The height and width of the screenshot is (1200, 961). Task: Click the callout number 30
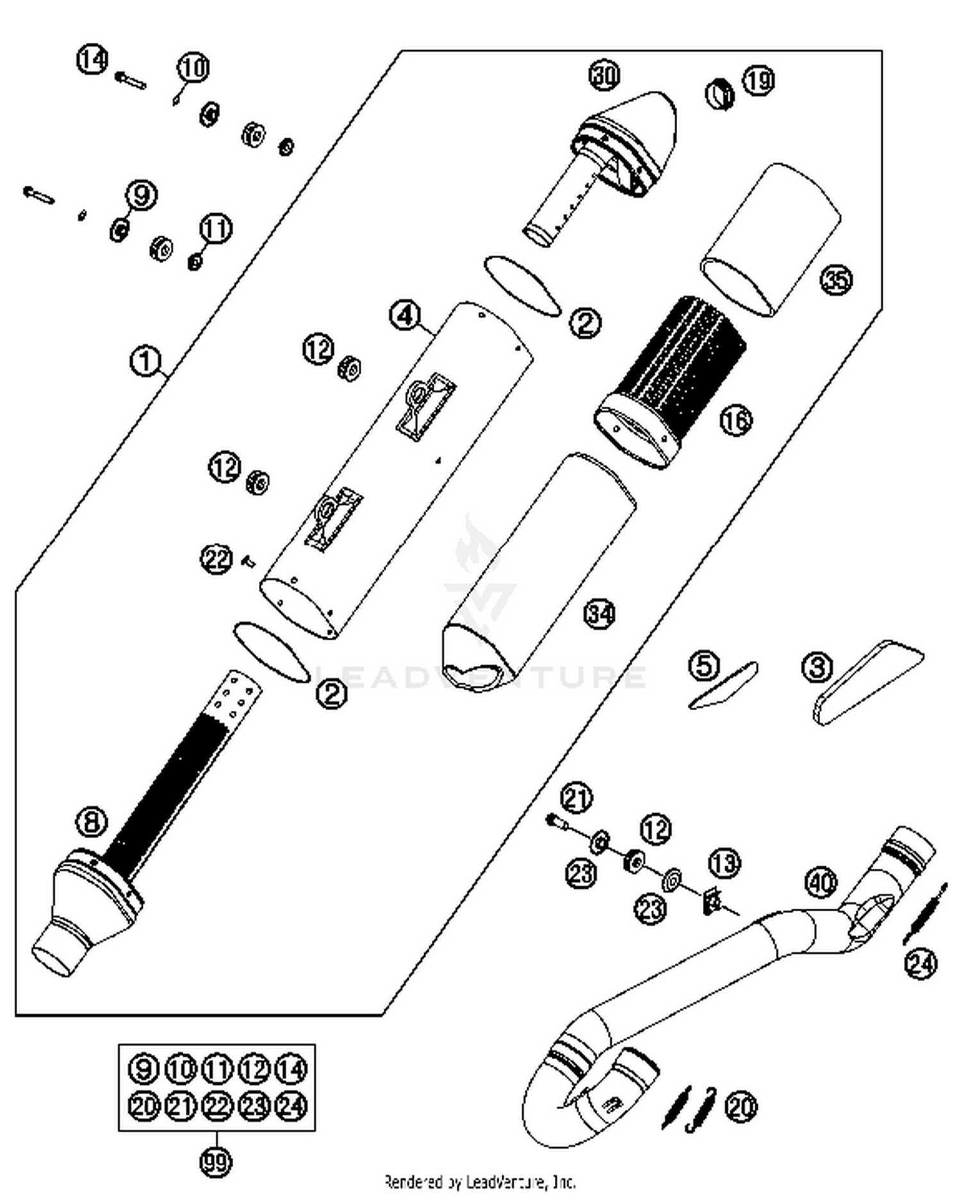(x=604, y=76)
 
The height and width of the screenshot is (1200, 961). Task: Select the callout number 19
(x=759, y=81)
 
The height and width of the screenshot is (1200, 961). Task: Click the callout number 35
(x=837, y=280)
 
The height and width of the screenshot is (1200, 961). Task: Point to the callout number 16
(x=736, y=421)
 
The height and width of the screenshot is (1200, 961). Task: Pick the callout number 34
(x=600, y=614)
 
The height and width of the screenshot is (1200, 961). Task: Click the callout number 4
(x=406, y=316)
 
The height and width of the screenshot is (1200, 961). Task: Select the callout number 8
(x=92, y=822)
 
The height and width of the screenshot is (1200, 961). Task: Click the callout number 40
(x=821, y=883)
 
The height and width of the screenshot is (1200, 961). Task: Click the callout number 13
(x=725, y=863)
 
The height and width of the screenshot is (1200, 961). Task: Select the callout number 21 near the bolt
(x=576, y=799)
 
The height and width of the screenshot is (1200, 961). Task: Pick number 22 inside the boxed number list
(x=217, y=1105)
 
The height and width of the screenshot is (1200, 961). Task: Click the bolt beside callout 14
(x=131, y=80)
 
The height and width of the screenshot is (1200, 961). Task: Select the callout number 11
(x=216, y=229)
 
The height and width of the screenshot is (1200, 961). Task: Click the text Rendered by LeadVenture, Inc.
(x=480, y=1181)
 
